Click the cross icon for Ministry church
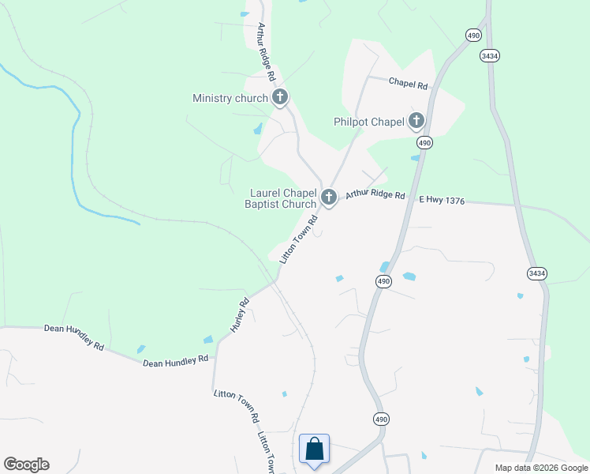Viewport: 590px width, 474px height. pos(279,97)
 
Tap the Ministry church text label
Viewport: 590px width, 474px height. pos(230,99)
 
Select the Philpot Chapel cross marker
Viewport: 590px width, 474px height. pos(416,121)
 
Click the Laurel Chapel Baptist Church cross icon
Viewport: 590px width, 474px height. pos(329,197)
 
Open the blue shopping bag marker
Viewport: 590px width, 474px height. pos(314,450)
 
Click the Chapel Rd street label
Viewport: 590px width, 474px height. pos(409,83)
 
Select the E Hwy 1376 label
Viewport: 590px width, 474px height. pos(442,201)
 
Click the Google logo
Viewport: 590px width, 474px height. pos(26,465)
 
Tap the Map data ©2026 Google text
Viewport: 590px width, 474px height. pos(540,468)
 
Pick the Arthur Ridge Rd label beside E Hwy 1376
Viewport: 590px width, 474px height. pos(375,194)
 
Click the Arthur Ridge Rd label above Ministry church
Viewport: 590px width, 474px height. pos(265,52)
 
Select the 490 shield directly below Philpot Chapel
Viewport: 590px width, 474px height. pos(425,142)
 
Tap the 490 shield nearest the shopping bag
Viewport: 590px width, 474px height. pos(381,419)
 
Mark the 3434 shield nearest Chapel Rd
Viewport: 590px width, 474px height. pos(489,56)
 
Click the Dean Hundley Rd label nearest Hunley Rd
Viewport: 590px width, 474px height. pos(175,360)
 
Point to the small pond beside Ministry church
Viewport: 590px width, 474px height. pos(258,129)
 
